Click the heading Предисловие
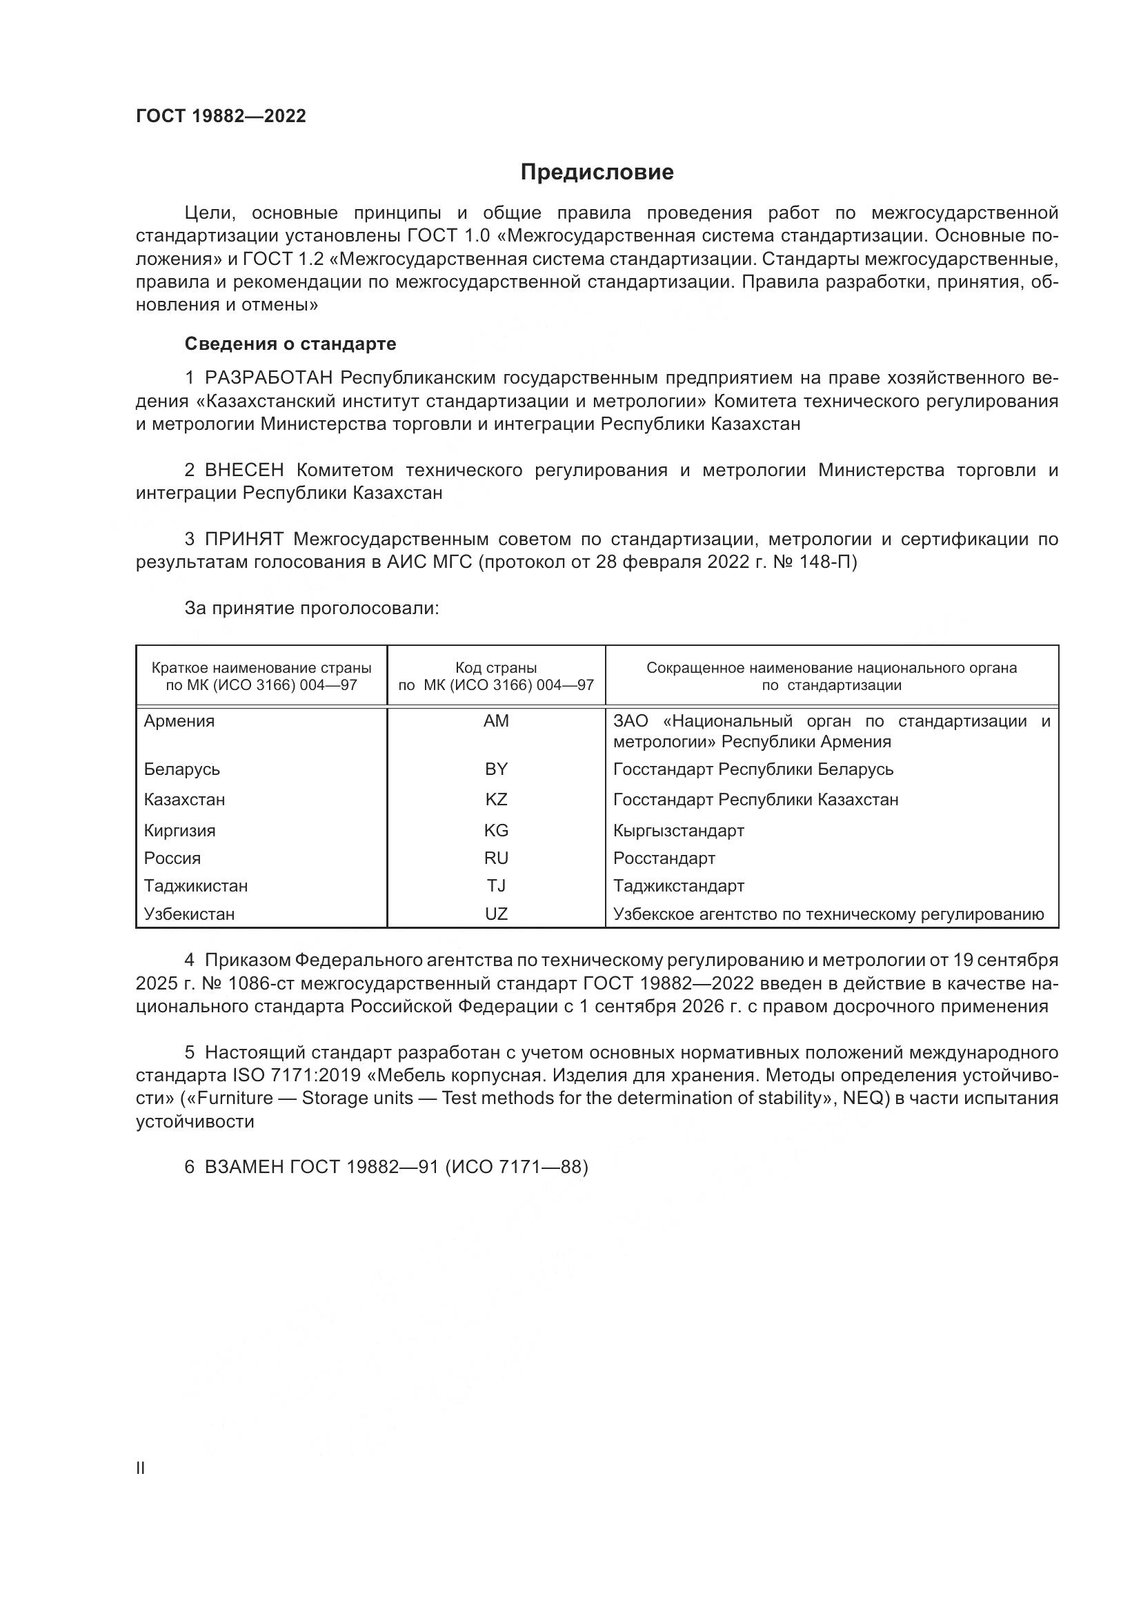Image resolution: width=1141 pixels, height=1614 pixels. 597,173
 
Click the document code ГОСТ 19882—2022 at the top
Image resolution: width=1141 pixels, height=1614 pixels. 221,116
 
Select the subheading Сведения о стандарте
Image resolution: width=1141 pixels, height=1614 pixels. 290,344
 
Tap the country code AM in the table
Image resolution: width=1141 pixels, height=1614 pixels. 496,721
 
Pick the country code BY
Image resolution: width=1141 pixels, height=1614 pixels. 496,769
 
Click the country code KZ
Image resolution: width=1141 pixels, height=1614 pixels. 496,800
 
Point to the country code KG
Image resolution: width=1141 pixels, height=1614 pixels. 496,831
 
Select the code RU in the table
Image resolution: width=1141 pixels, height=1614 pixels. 496,858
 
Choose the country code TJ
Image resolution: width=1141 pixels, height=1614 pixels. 496,886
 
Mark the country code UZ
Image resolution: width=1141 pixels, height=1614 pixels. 496,914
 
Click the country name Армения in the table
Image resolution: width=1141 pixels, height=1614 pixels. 179,721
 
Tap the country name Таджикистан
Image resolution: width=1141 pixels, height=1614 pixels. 195,886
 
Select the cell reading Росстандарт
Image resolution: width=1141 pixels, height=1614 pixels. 664,858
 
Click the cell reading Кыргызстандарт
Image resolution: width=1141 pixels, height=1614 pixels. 679,831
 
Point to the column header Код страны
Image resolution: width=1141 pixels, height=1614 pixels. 496,668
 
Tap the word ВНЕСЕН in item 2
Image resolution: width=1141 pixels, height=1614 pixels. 244,471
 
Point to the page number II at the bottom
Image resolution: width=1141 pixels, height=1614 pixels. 141,1468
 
